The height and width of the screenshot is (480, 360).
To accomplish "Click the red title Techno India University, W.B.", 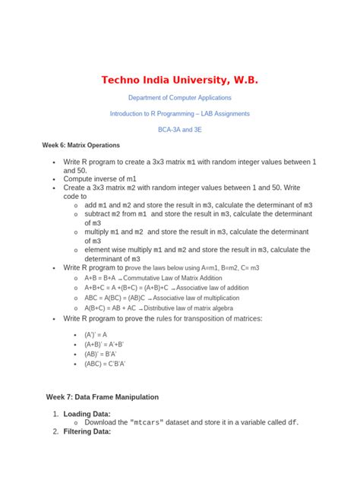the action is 180,80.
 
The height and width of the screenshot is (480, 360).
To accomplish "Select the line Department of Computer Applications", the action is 180,98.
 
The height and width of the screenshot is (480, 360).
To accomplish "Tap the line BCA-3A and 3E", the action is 180,130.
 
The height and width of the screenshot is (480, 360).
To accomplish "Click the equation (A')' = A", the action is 95,334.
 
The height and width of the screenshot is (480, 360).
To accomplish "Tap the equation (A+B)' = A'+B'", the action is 104,344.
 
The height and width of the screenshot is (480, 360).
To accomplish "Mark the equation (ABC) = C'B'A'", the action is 105,364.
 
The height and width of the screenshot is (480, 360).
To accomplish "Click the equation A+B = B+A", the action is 99,279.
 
